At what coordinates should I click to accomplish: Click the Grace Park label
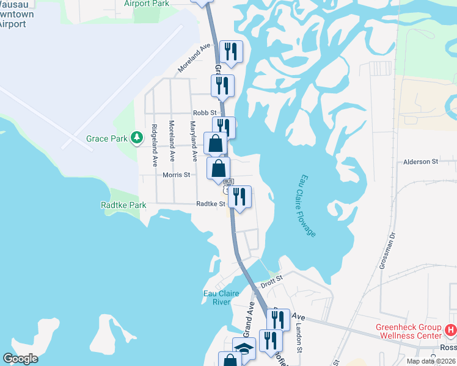point(106,138)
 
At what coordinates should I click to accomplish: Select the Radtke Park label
point(123,206)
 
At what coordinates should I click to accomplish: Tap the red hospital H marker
point(451,331)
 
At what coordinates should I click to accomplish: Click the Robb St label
point(205,113)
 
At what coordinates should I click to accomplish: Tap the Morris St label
point(177,174)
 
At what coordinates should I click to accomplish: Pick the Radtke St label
point(210,204)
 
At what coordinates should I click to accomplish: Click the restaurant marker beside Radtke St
point(239,197)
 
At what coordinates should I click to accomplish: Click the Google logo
point(20,359)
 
